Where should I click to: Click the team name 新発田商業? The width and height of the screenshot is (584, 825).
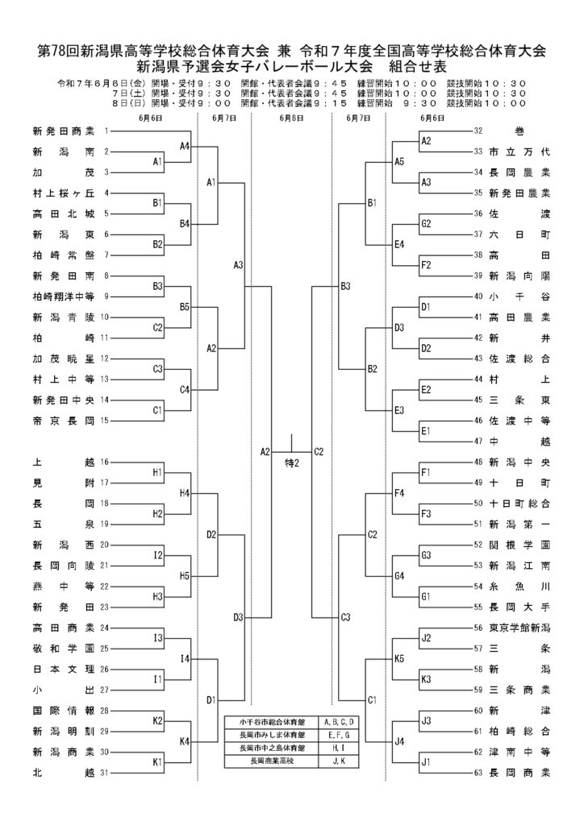tap(64, 131)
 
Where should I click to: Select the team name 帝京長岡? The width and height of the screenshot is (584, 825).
tap(64, 421)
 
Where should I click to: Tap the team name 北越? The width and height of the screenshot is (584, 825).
tap(64, 773)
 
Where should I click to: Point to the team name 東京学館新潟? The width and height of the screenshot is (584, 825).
tap(519, 628)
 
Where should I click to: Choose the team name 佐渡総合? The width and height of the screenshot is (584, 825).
tap(519, 359)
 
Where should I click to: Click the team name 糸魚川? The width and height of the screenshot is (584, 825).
tap(519, 587)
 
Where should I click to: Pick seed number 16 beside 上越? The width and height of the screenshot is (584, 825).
tap(104, 462)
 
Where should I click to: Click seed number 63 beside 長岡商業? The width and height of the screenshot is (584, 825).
tap(478, 773)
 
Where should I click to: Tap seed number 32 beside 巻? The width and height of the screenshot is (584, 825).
tap(478, 131)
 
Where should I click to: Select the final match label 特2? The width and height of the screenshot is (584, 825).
tap(292, 463)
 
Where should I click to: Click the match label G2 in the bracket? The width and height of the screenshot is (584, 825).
tap(426, 224)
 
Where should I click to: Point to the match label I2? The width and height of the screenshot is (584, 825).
tap(158, 555)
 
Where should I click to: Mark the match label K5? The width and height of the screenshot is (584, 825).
tap(399, 658)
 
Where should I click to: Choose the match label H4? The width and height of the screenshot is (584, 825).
tap(184, 493)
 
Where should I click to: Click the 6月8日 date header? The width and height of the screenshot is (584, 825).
tap(291, 118)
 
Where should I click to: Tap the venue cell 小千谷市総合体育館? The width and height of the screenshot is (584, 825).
tap(272, 722)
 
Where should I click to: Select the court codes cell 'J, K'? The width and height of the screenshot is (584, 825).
tap(339, 761)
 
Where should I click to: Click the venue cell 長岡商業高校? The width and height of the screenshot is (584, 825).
tap(272, 761)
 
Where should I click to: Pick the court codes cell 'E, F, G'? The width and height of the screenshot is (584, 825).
tap(339, 735)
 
